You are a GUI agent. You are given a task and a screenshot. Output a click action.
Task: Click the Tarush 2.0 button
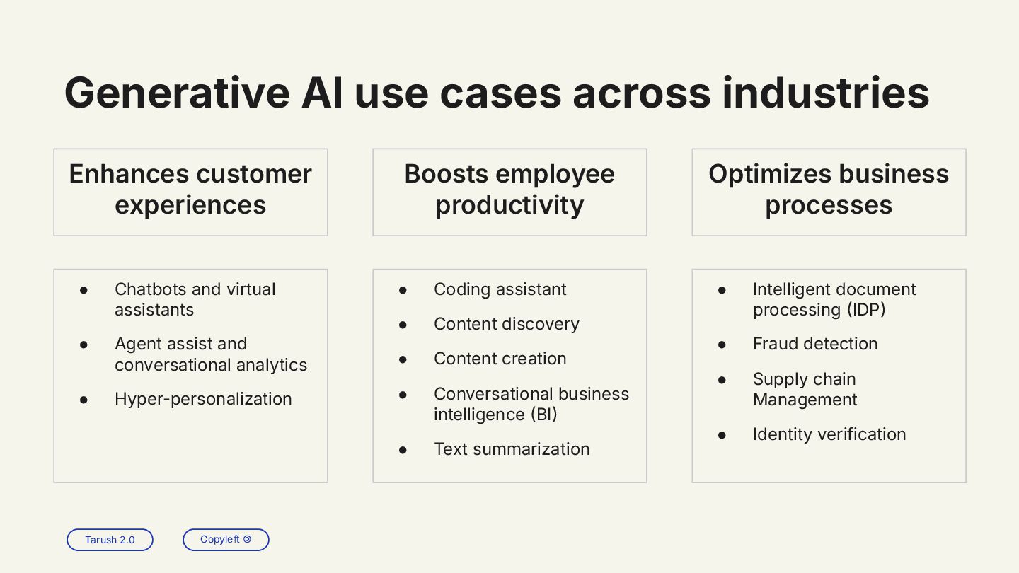110,540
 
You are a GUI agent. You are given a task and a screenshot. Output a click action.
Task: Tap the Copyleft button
226,540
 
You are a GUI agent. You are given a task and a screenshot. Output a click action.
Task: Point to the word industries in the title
825,93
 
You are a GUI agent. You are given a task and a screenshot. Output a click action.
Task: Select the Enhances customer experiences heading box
190,192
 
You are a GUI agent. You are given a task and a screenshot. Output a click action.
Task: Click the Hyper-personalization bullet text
203,399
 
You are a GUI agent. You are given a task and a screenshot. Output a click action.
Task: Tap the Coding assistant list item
500,289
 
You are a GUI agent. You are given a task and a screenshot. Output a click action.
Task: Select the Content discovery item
506,324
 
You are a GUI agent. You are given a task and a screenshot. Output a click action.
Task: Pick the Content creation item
500,359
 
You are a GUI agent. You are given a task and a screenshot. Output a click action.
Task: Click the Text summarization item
512,449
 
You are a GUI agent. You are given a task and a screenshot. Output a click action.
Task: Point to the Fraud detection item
815,344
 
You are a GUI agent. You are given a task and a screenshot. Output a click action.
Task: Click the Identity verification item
829,434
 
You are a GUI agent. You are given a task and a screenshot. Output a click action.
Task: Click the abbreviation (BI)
543,415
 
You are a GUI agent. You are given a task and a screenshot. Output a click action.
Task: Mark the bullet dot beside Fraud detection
722,345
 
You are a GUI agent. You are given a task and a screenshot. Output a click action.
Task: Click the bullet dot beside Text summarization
403,450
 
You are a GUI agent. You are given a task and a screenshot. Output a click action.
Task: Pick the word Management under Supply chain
805,400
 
